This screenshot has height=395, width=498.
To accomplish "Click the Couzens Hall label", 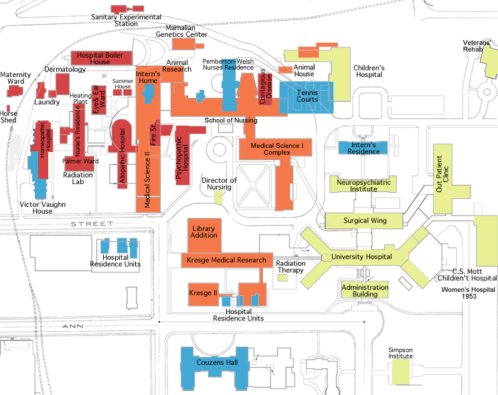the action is [x=217, y=362].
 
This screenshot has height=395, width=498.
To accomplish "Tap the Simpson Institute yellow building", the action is [x=400, y=372].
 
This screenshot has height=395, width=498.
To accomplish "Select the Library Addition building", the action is [x=204, y=236].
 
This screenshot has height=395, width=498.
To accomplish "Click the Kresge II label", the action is [x=203, y=293].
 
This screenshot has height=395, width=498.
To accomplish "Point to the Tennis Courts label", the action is [x=307, y=96].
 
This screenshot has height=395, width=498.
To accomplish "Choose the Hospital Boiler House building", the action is [x=101, y=58].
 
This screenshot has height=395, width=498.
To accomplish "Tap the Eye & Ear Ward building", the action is [x=98, y=100].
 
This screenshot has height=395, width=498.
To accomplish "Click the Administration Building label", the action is [x=365, y=291].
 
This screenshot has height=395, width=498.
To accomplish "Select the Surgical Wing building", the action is [x=364, y=220].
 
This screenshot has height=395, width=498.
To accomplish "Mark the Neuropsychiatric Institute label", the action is [x=363, y=185].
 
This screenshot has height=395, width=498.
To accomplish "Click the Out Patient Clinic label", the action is [x=442, y=173].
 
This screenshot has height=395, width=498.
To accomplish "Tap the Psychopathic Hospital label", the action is [x=182, y=157].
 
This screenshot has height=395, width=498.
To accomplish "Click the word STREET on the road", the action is [x=92, y=224].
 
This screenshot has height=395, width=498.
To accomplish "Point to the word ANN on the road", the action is [x=73, y=326].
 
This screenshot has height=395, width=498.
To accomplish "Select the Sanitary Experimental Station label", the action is [x=126, y=20].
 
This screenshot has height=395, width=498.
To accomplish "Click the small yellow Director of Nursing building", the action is [x=218, y=197].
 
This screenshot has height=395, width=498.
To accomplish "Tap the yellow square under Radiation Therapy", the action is [x=282, y=278].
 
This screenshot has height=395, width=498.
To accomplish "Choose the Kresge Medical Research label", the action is [x=226, y=260].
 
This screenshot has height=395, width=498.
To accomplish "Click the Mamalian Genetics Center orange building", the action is [x=184, y=44].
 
